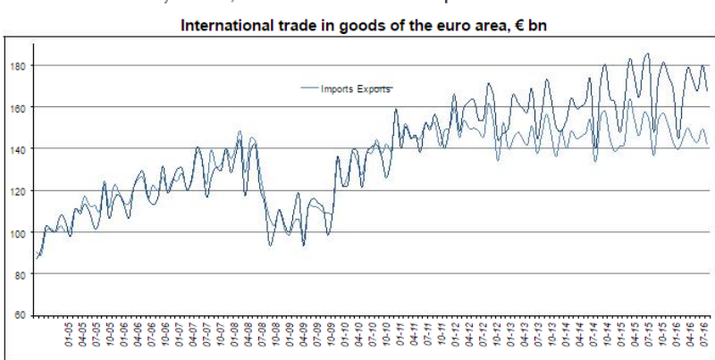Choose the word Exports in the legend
click(374, 88)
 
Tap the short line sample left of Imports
click(309, 88)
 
